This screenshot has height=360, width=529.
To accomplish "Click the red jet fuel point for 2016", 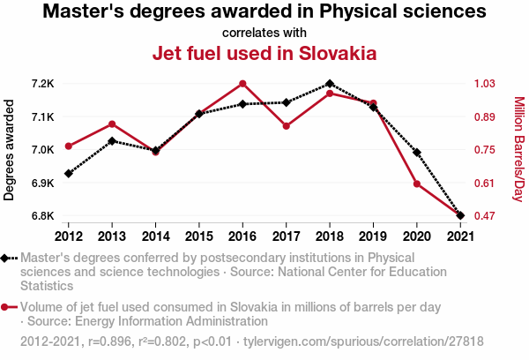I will click(242, 84).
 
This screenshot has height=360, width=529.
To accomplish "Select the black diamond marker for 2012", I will click(69, 173).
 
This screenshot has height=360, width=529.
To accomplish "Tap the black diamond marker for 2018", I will click(329, 84).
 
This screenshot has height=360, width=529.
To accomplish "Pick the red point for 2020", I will click(416, 184).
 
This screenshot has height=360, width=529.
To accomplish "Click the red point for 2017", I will click(286, 126).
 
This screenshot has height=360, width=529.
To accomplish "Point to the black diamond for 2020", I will click(416, 153).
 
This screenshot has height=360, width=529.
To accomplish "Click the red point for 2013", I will click(112, 124).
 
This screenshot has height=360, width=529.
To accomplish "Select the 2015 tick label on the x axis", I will click(199, 236).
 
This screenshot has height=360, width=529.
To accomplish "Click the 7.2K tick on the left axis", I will click(41, 84).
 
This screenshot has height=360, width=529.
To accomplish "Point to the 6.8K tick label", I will click(41, 215).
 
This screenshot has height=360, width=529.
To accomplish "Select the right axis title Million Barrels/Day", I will click(518, 150).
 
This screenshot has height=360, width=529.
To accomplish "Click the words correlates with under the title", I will click(264, 33).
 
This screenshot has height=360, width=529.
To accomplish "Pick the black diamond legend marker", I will click(9, 258).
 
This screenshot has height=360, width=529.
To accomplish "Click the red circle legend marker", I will click(9, 307).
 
